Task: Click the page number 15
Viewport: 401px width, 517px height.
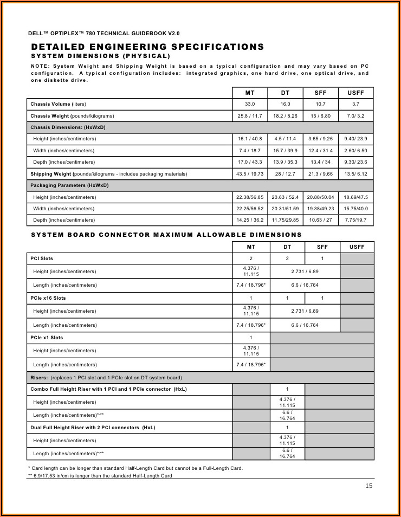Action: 369,486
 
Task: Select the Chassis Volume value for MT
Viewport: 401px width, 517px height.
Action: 250,104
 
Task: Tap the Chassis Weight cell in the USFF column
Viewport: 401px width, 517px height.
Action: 355,116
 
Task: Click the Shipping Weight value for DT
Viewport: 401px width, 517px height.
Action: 285,174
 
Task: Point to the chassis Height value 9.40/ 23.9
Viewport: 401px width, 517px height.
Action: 355,139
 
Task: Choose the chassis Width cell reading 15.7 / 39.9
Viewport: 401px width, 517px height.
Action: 285,151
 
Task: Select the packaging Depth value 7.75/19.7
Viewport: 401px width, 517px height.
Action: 355,220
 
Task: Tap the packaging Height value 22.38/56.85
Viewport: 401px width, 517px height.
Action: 250,197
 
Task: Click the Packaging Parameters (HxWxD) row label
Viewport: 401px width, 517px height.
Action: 69,185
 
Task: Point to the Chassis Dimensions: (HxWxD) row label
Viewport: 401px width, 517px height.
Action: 68,127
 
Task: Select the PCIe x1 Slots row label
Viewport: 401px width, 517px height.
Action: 47,338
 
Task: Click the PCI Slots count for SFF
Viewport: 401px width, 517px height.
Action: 322,258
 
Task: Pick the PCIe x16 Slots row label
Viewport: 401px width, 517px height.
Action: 48,298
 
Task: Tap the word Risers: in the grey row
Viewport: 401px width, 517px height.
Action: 39,378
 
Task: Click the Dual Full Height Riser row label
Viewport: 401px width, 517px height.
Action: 93,428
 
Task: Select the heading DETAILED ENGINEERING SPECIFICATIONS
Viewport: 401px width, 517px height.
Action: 147,47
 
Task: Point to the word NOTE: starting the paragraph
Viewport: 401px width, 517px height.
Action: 40,66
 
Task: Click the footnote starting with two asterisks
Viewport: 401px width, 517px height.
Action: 100,476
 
